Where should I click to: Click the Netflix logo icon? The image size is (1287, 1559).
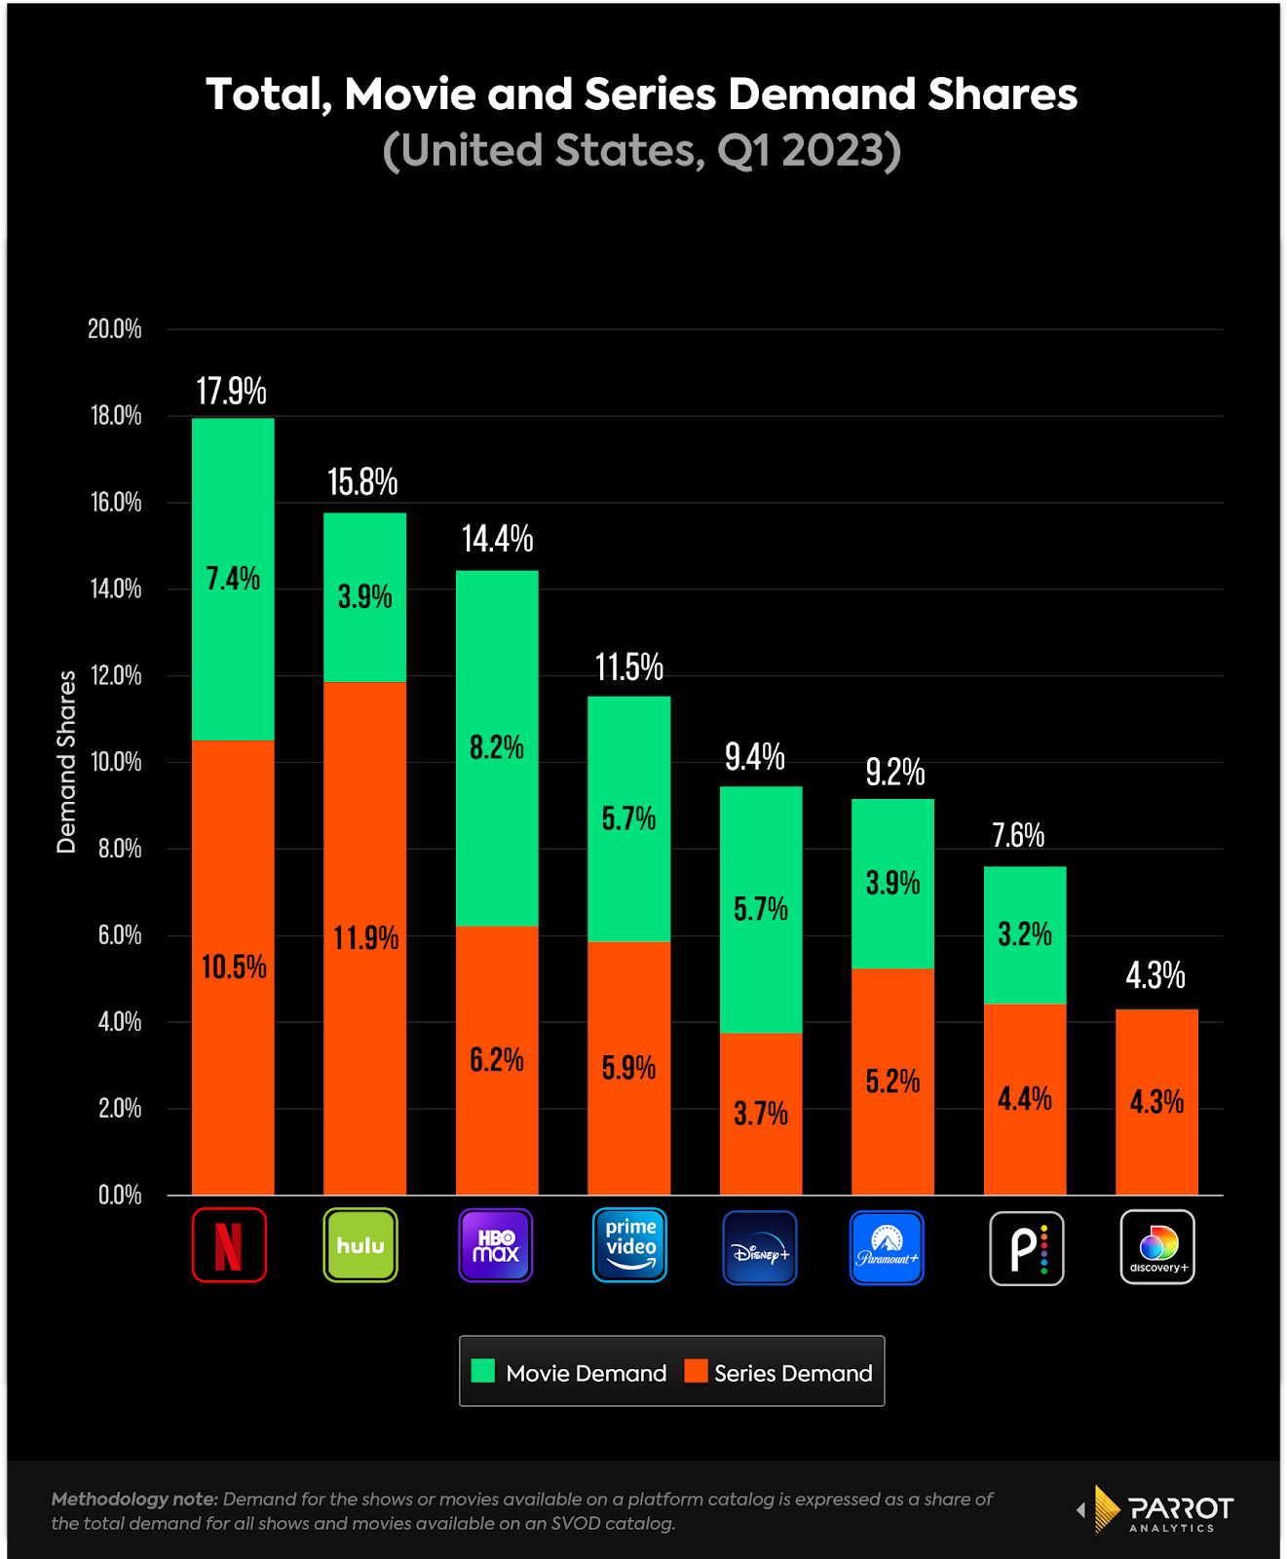(x=229, y=1245)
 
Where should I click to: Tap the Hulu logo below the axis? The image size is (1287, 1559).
(x=360, y=1245)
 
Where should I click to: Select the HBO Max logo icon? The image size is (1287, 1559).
(x=496, y=1245)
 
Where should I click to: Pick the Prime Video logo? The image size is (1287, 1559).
(x=629, y=1245)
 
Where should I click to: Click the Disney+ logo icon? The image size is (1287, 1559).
(x=760, y=1248)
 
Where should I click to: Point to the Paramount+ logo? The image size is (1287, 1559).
(x=887, y=1248)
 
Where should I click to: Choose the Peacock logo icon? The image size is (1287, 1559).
(x=1027, y=1248)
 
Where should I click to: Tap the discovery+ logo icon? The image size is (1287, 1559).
(x=1157, y=1247)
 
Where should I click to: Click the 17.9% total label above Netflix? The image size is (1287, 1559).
(x=231, y=392)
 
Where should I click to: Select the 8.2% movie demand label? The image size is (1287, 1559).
(x=497, y=747)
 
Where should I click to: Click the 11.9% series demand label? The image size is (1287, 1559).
(x=366, y=938)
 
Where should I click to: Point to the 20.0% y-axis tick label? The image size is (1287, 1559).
(x=115, y=328)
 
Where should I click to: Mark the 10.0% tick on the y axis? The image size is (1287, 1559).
(x=116, y=761)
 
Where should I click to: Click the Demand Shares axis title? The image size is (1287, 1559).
(x=66, y=762)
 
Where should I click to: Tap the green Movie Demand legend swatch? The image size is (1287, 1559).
(x=483, y=1371)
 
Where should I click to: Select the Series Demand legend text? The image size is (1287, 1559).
(x=793, y=1373)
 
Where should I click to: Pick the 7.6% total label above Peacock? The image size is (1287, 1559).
(x=1018, y=835)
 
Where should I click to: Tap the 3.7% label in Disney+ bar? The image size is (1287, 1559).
(x=761, y=1114)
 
